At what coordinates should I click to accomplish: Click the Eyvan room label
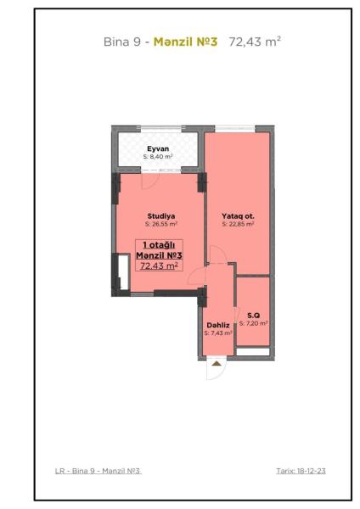158,148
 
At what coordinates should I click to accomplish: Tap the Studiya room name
161,215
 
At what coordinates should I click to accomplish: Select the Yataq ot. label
238,215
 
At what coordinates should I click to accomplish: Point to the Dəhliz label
218,325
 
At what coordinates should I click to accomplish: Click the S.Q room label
253,316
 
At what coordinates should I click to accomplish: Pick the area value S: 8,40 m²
158,156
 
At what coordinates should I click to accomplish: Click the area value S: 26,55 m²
161,224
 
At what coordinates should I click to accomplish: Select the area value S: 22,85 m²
238,224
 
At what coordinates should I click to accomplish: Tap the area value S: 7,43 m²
218,333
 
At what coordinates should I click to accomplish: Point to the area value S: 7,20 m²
253,323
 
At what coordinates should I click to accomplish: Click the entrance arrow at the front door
216,364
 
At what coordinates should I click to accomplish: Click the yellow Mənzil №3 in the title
185,42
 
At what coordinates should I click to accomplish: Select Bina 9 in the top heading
122,42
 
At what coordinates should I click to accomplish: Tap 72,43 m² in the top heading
255,42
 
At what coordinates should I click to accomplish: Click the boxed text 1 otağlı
159,245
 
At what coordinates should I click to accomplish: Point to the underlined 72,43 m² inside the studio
159,266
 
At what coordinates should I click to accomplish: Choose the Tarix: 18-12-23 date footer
301,471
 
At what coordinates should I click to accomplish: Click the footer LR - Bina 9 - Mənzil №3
98,471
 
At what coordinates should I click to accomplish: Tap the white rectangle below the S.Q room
253,351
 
